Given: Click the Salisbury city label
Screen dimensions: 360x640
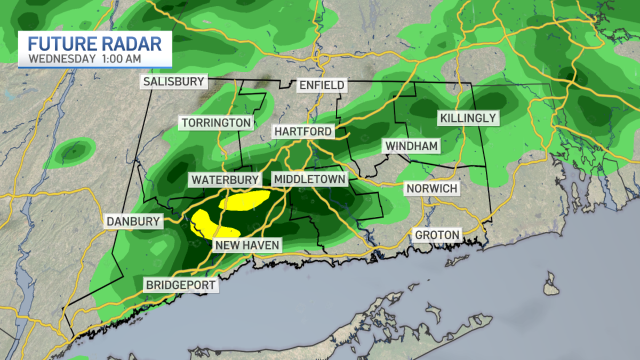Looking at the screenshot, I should coord(173,82).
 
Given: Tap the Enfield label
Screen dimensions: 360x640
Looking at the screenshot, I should coord(322,85).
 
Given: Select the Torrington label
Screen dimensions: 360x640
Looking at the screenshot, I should coord(216,123).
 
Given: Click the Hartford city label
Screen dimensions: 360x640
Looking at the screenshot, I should coord(303,131).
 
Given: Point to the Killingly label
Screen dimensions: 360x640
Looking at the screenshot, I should coord(468,118).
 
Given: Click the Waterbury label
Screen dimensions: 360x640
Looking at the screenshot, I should coord(225,180).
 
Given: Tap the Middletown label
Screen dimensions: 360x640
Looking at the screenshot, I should coord(309,179).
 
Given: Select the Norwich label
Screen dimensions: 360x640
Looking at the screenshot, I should coord(431,188).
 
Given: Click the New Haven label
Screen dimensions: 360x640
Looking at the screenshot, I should coord(246,245).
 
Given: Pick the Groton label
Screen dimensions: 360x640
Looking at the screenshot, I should coord(437,235).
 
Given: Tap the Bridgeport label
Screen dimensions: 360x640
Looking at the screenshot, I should coord(181,285).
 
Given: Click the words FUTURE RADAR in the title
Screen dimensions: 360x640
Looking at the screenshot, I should coord(95,43).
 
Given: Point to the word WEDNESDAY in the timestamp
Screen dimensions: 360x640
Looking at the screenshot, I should coord(62,59).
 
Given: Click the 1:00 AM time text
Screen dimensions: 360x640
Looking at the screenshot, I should coord(122,59).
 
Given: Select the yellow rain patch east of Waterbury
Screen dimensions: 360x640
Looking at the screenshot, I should coord(244,201).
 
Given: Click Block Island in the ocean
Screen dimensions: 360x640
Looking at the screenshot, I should coord(551,284).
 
